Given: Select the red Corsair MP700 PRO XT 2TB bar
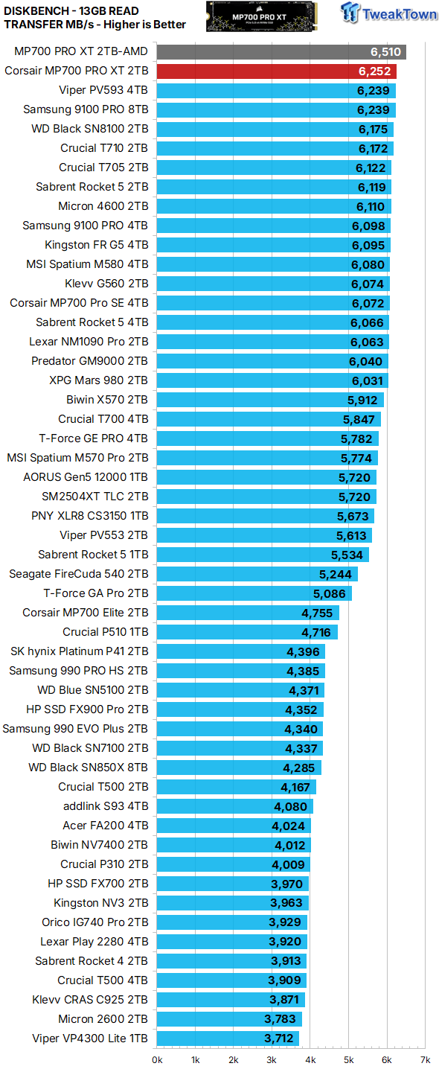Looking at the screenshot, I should (275, 71).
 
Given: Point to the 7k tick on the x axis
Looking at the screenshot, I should (425, 1059).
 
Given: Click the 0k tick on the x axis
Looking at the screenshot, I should (157, 1059).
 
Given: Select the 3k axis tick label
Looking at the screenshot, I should (272, 1059).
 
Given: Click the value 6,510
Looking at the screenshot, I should (386, 51).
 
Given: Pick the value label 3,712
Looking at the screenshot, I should (279, 1038).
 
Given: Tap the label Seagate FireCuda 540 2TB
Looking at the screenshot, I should (78, 574).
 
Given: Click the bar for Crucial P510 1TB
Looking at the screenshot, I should (246, 632).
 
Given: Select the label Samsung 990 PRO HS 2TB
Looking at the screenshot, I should (78, 671).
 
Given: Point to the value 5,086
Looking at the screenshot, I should (330, 593).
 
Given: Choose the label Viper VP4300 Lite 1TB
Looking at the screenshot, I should (90, 1038).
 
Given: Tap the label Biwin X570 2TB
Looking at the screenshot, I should (107, 400).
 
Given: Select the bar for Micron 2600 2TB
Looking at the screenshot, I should (228, 1019).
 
